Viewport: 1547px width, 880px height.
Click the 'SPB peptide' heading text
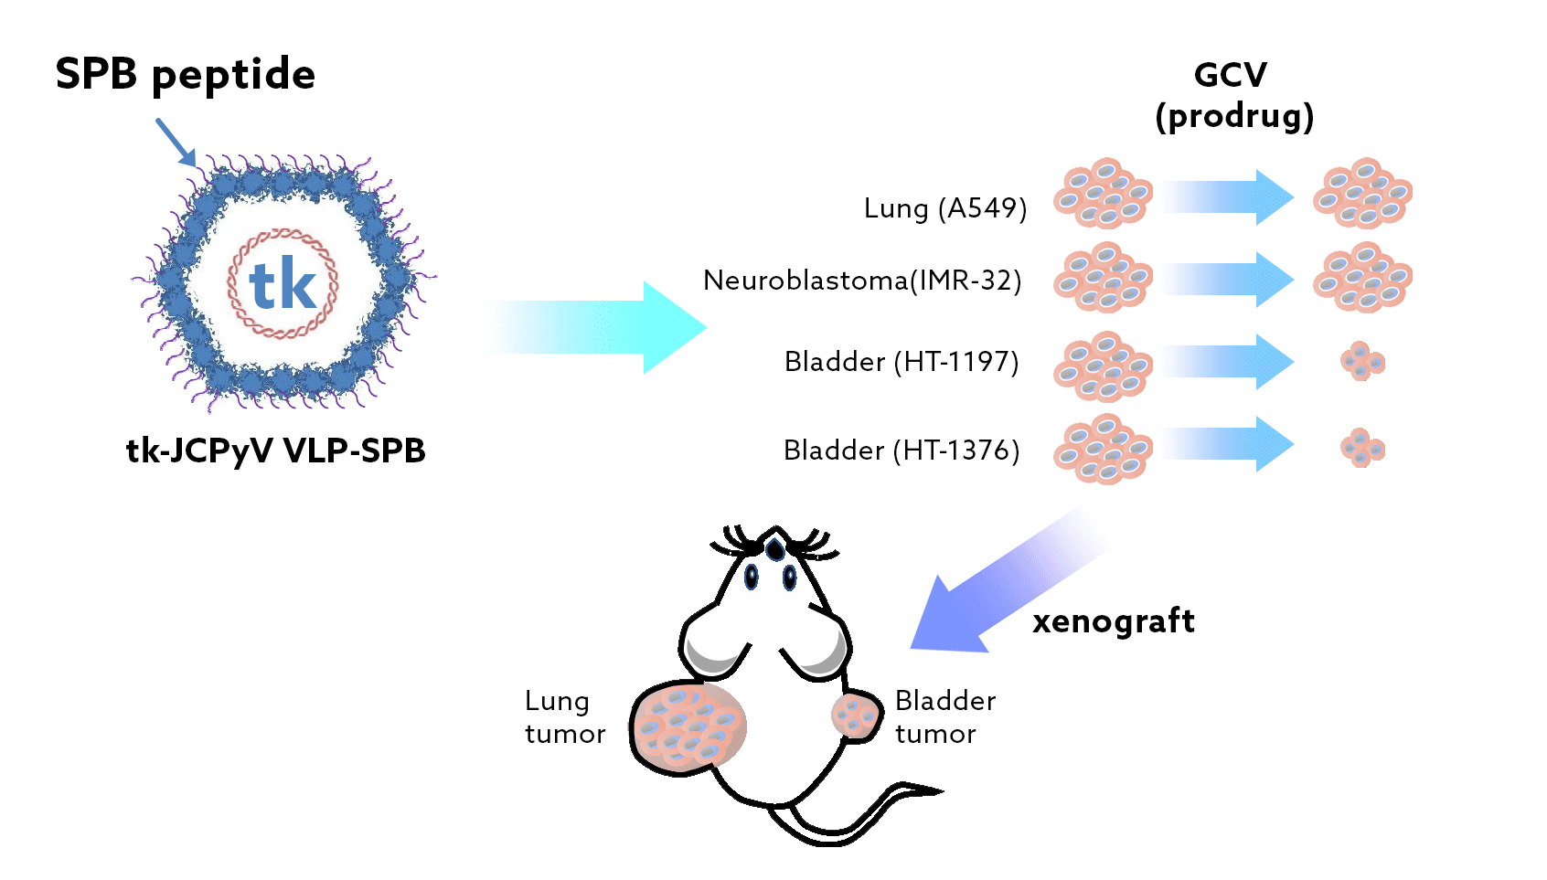(x=185, y=75)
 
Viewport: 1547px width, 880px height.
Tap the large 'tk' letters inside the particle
(x=283, y=285)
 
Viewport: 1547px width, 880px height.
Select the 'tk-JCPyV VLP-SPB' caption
(x=275, y=451)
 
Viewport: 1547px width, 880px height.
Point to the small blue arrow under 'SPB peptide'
(x=176, y=142)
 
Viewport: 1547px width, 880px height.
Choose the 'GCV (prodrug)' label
(x=1232, y=95)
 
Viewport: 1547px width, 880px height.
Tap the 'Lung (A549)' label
(x=944, y=208)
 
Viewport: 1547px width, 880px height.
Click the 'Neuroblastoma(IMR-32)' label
(x=861, y=280)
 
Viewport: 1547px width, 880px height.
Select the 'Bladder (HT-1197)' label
(x=901, y=362)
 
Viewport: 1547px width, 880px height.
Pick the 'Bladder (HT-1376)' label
(x=901, y=451)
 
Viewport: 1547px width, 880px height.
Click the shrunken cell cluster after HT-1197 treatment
(x=1362, y=362)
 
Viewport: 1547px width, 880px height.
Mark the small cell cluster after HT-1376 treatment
(x=1362, y=448)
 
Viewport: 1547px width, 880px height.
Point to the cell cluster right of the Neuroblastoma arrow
(x=1362, y=277)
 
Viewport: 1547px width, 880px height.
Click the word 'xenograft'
(x=1113, y=621)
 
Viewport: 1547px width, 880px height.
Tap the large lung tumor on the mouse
(x=688, y=726)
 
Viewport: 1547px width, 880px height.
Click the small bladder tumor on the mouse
(x=855, y=716)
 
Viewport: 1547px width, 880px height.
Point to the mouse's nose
(x=775, y=549)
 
